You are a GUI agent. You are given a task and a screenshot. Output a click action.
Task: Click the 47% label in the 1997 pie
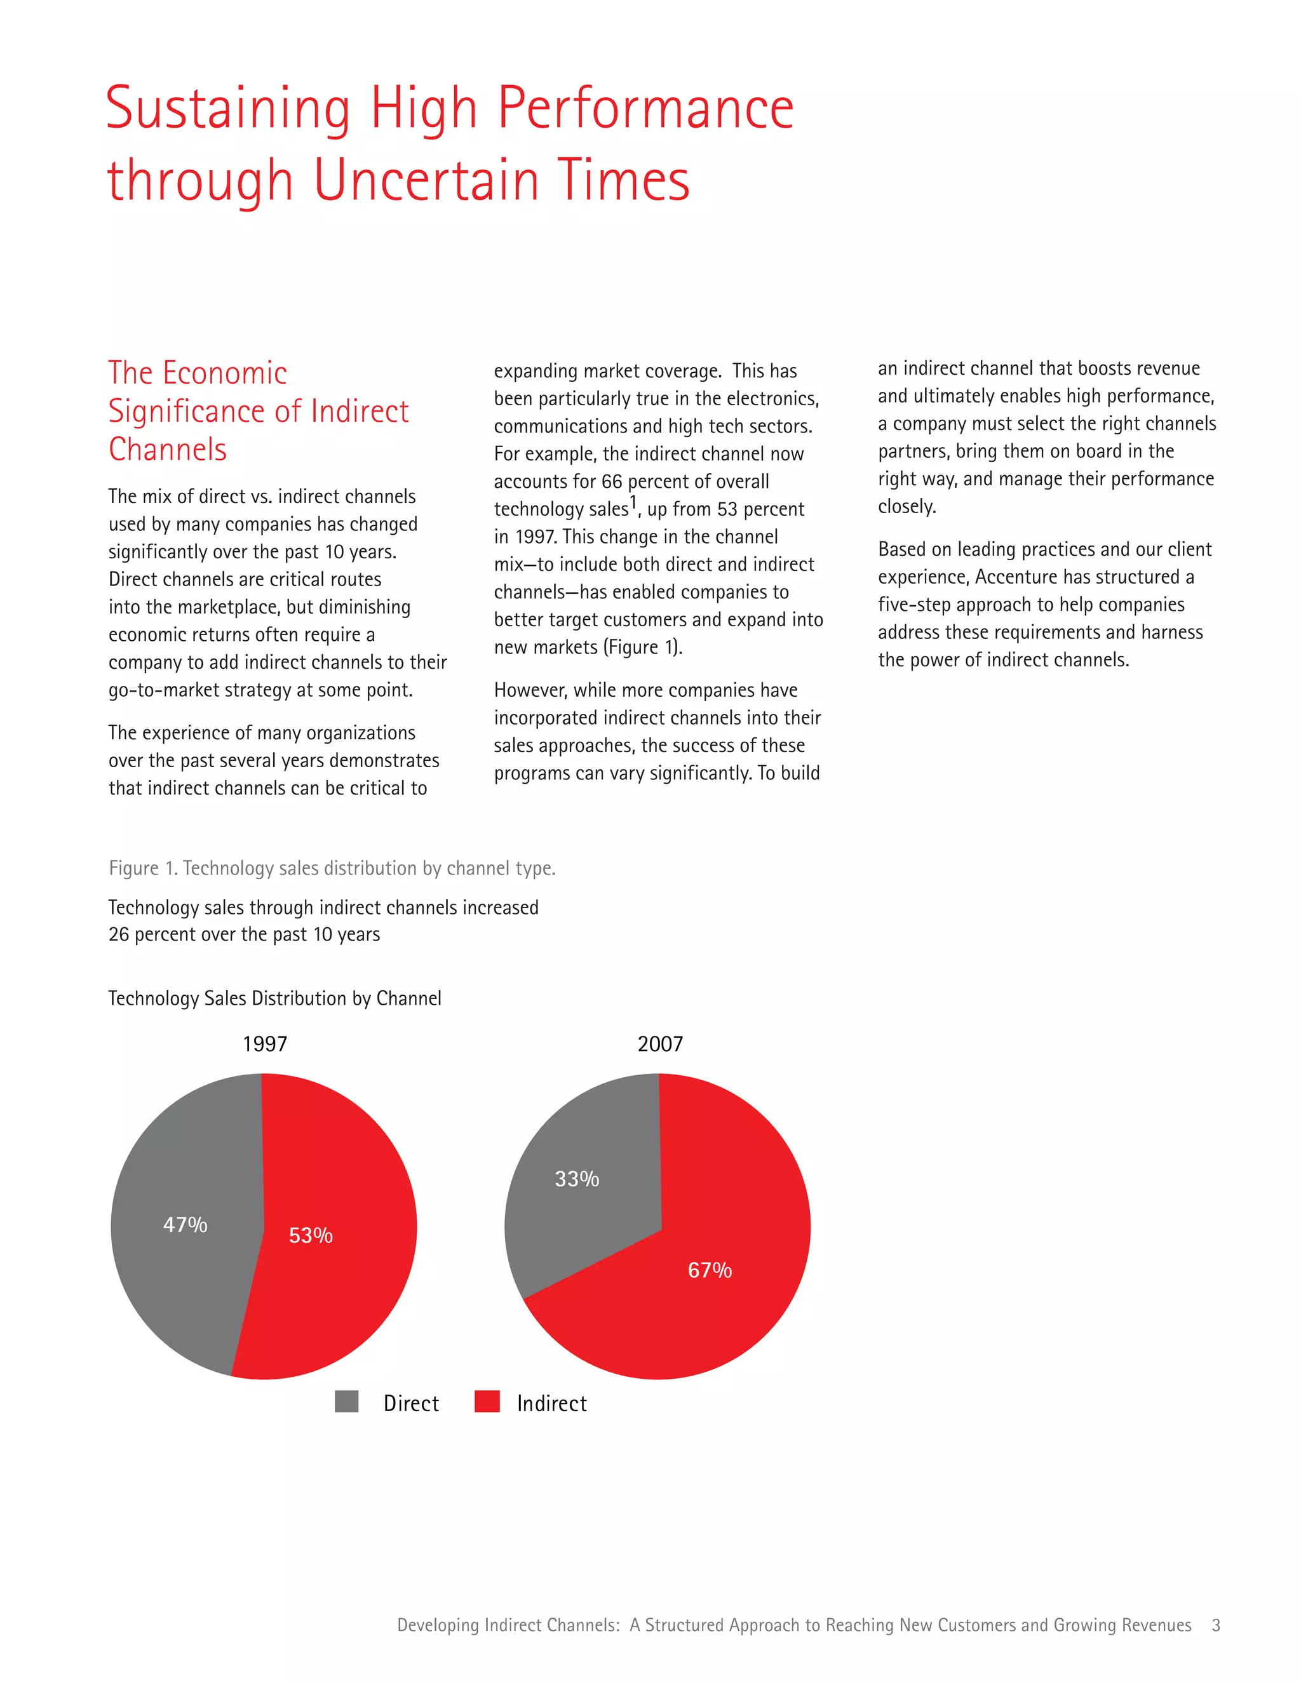(x=185, y=1224)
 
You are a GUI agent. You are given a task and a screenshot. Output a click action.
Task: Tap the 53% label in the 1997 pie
(x=311, y=1235)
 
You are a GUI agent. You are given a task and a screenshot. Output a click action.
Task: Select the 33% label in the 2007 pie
(x=577, y=1179)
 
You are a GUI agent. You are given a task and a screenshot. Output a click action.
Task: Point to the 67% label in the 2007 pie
(x=709, y=1270)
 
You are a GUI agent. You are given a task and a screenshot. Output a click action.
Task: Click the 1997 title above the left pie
(x=264, y=1044)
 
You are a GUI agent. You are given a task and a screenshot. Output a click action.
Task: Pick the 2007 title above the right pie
(x=660, y=1044)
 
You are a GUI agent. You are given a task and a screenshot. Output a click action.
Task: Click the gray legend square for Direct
(x=347, y=1402)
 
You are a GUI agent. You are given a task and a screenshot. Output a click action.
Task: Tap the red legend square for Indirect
(x=487, y=1402)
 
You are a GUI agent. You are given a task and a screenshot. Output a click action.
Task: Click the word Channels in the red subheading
(x=167, y=449)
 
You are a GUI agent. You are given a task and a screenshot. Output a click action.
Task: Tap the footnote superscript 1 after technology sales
(x=633, y=502)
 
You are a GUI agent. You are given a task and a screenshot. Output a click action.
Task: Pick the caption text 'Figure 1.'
(x=142, y=868)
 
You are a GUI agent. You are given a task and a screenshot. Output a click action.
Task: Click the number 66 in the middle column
(x=611, y=481)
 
